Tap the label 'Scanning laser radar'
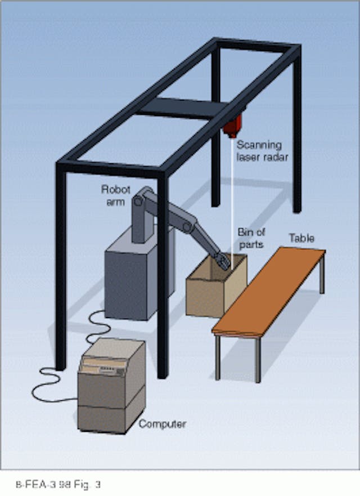[x=262, y=151]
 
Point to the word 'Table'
[x=302, y=239]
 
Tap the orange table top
[x=270, y=293]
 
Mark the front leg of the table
[x=257, y=358]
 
